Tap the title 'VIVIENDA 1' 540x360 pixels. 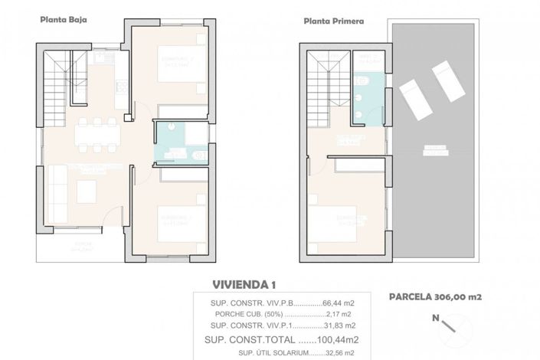pyautogui.click(x=244, y=284)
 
